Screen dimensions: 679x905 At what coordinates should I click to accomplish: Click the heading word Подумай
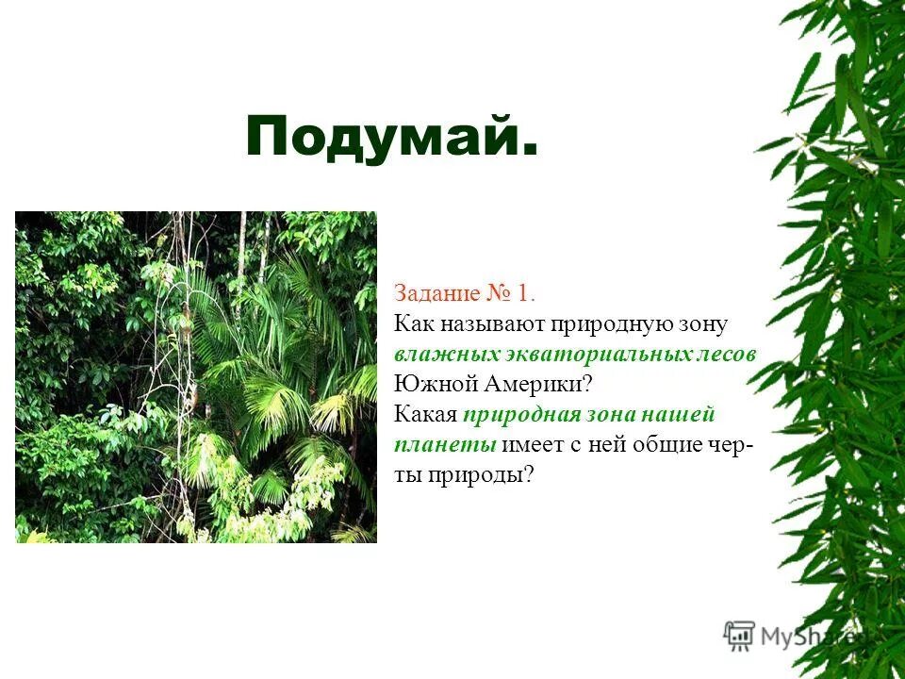click(x=391, y=138)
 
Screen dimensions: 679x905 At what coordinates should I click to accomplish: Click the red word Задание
click(x=436, y=293)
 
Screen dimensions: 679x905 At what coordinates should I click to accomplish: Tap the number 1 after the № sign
click(x=524, y=293)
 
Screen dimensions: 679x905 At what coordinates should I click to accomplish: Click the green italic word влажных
click(x=438, y=354)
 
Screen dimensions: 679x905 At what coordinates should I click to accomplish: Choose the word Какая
click(x=425, y=414)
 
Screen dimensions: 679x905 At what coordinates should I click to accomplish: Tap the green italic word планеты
click(x=445, y=444)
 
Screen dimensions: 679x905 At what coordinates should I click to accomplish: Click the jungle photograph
click(x=196, y=377)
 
